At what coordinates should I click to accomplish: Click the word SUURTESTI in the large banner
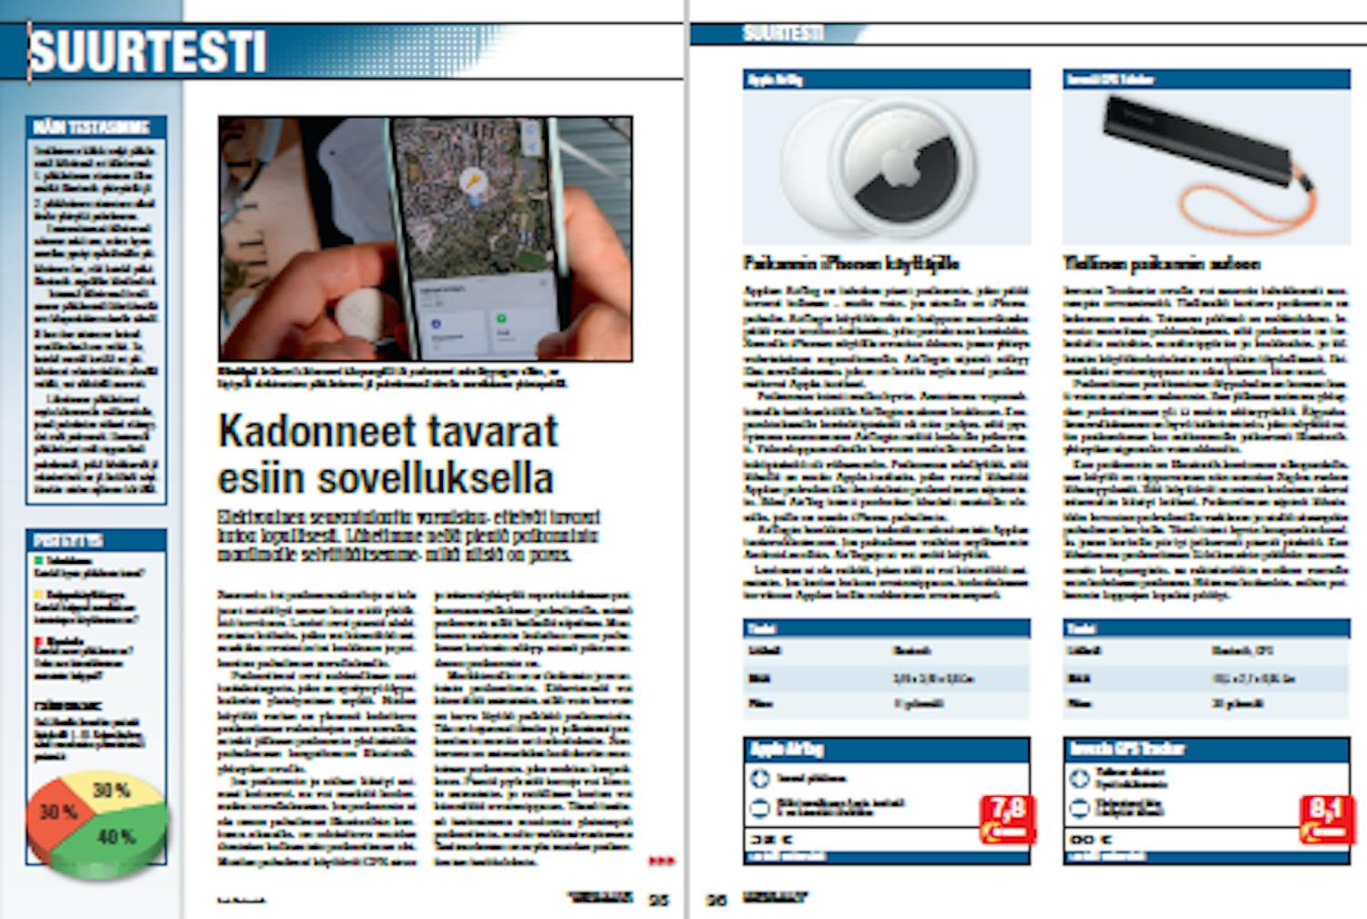coord(148,52)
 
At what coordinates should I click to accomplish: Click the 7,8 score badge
coord(1007,817)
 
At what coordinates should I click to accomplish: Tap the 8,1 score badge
coord(1326,817)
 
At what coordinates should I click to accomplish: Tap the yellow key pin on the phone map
coord(471,182)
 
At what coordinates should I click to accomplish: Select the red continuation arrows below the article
coord(662,861)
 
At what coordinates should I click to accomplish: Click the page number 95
coord(658,900)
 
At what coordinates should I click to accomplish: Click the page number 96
coord(717,900)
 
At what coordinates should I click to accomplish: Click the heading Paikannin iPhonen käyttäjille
coord(850,264)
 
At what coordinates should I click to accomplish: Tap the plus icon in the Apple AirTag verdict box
coord(760,779)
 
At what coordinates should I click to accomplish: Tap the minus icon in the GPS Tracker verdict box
coord(1079,807)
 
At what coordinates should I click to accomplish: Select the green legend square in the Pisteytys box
coord(38,561)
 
